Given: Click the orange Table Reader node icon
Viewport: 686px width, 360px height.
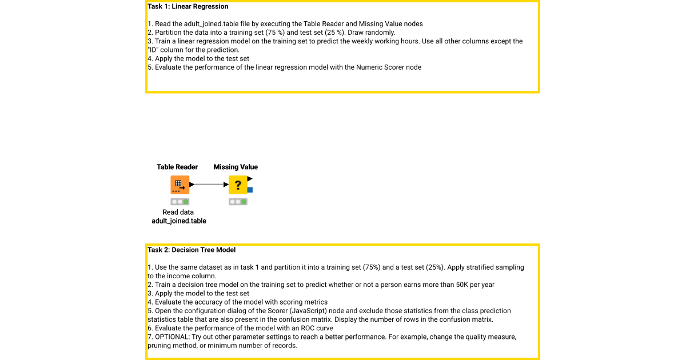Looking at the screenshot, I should coord(180,185).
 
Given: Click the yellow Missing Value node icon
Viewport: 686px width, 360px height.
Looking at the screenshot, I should coord(238,185).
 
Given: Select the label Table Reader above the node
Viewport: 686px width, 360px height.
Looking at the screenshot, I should coord(177,167).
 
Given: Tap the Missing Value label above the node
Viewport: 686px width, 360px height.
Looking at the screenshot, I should coord(236,167).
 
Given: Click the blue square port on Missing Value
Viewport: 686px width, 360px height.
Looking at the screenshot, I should coord(250,190).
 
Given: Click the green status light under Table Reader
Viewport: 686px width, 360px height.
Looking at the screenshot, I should coord(186,202).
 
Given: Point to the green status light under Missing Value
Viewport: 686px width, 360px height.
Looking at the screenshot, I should coord(244,202).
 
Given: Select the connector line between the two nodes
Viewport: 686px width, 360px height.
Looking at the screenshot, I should coord(209,185).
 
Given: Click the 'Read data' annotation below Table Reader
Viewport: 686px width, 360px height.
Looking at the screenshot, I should coord(178,212).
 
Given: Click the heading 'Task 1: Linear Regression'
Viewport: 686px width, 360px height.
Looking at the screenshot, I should coord(188,7).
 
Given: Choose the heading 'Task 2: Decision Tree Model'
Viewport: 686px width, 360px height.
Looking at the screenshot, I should coord(192,250).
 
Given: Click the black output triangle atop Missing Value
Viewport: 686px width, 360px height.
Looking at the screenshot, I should coord(250,179).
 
